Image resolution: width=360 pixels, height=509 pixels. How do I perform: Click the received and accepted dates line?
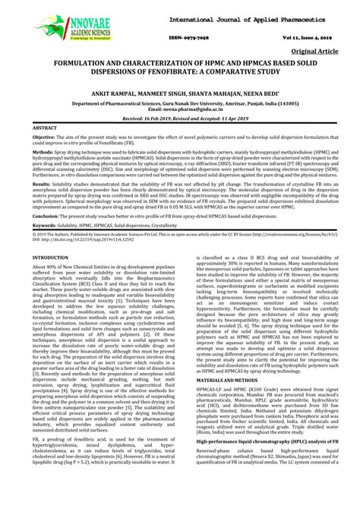[179, 120]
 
